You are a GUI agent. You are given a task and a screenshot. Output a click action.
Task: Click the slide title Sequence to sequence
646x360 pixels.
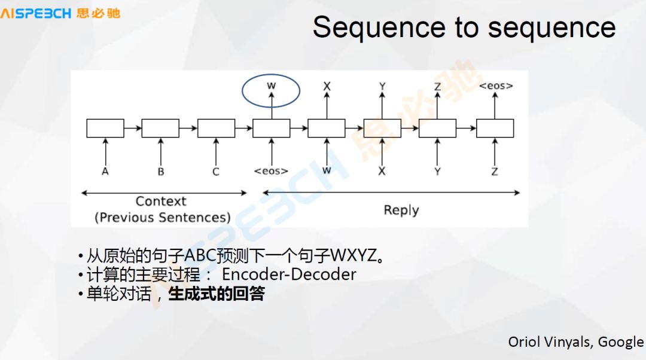[x=464, y=28]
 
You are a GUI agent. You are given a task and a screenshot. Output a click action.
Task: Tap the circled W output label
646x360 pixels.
[x=271, y=86]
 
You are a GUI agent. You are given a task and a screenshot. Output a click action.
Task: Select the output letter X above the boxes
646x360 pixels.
[x=327, y=86]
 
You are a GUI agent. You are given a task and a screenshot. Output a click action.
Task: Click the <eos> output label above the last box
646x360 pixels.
[x=495, y=86]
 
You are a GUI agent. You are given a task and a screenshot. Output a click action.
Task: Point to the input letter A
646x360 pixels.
[x=105, y=171]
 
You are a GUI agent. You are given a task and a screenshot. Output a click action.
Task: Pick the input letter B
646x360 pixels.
[x=160, y=171]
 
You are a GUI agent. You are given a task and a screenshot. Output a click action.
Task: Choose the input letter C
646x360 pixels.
[x=216, y=171]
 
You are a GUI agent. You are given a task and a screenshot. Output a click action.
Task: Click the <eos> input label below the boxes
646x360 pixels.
[x=271, y=171]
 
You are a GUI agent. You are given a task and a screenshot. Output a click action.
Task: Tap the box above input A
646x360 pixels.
[x=105, y=128]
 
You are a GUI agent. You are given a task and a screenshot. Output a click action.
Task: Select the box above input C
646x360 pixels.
[x=216, y=128]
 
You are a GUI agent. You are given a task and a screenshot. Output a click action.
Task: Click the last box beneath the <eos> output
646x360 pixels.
[x=495, y=128]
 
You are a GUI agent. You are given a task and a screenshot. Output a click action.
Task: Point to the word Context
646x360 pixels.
[x=161, y=202]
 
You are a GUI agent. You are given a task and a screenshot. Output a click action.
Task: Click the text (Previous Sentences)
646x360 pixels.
[x=162, y=217]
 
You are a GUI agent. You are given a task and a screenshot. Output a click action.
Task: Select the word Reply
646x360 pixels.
[x=401, y=210]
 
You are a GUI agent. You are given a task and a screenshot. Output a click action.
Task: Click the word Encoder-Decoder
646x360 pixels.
[x=289, y=274]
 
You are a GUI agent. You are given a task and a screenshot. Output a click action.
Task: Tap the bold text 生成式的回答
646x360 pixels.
[x=217, y=294]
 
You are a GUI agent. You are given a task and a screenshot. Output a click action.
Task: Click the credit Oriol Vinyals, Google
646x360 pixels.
[x=575, y=341]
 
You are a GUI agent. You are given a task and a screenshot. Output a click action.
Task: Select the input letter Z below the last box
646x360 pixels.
[x=495, y=171]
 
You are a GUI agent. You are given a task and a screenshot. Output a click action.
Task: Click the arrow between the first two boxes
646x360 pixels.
[x=133, y=128]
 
